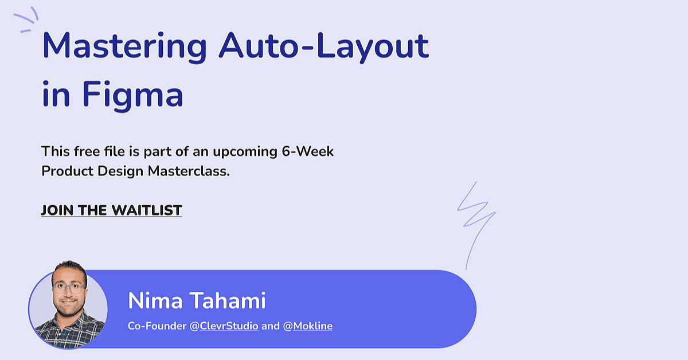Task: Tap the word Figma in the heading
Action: (132, 95)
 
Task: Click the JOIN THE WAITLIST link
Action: (111, 210)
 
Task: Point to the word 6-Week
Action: (307, 151)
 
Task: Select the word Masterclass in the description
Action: (189, 171)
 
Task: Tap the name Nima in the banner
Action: (155, 301)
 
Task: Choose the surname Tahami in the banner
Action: (227, 301)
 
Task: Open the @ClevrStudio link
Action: (224, 326)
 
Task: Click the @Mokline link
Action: (307, 326)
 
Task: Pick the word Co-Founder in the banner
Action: (157, 326)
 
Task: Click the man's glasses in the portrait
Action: (69, 288)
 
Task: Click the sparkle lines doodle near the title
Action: (26, 19)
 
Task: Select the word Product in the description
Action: (67, 171)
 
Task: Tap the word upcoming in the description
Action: (245, 152)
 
